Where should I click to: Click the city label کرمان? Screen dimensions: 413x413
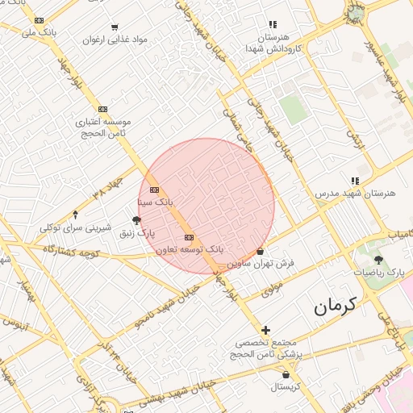point(336,307)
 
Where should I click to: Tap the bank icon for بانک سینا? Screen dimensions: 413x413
point(155,190)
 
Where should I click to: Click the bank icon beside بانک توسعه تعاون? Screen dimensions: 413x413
point(190,237)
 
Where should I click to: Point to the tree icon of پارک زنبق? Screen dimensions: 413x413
point(136,220)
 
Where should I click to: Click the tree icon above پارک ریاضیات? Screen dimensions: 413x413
point(378,260)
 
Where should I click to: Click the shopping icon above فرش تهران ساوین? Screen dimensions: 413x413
point(260,251)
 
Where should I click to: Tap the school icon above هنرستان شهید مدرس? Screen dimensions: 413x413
point(353,181)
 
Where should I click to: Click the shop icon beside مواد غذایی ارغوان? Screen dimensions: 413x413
point(115,27)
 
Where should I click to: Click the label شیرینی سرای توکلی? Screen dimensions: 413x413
point(75,227)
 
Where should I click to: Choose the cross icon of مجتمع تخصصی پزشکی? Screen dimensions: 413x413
point(266,329)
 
